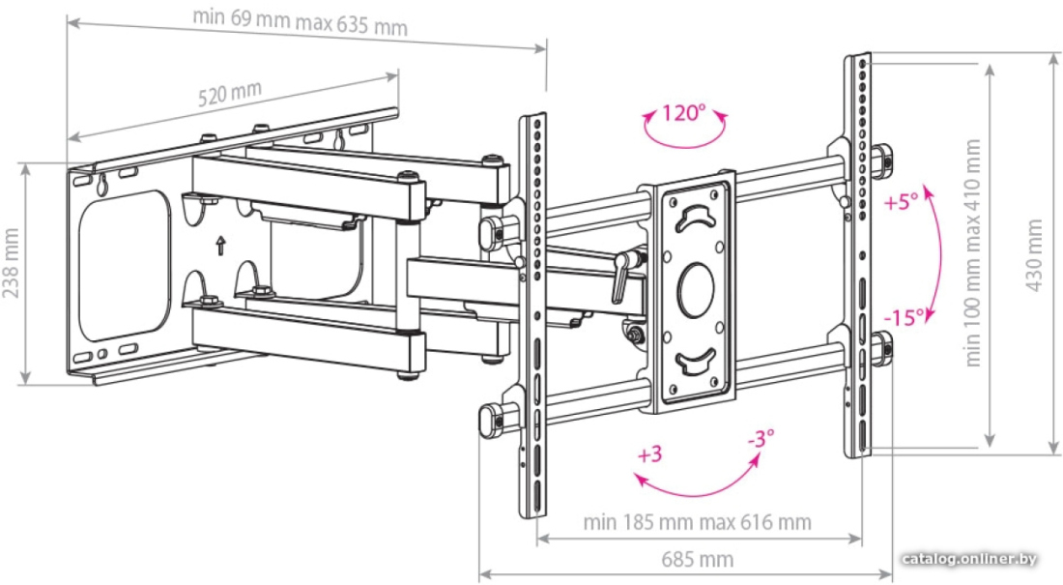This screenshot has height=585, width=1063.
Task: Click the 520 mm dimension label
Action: [x=230, y=95]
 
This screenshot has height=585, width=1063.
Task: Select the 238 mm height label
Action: [x=11, y=263]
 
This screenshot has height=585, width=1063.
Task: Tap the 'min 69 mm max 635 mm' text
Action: [x=301, y=21]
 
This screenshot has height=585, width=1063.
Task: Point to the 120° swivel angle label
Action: [x=683, y=113]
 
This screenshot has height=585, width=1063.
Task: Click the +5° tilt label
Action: [x=902, y=201]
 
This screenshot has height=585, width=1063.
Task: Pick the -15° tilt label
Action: [x=905, y=317]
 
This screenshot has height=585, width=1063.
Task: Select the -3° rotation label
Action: [x=761, y=439]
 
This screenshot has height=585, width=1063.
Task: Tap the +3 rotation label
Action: [x=649, y=454]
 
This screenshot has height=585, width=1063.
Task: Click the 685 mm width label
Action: [x=698, y=559]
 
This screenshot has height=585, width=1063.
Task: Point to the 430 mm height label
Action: [x=1034, y=255]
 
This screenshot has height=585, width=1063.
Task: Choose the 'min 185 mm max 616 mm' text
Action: [x=697, y=522]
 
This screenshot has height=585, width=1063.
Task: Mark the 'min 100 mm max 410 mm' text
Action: [x=972, y=252]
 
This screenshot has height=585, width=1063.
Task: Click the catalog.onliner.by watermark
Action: [x=969, y=559]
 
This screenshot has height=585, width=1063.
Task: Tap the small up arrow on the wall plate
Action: [x=220, y=245]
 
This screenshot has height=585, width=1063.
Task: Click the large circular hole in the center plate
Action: [x=696, y=290]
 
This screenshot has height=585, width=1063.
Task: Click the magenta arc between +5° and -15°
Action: [x=937, y=254]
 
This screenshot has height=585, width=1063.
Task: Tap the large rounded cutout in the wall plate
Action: [x=123, y=265]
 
